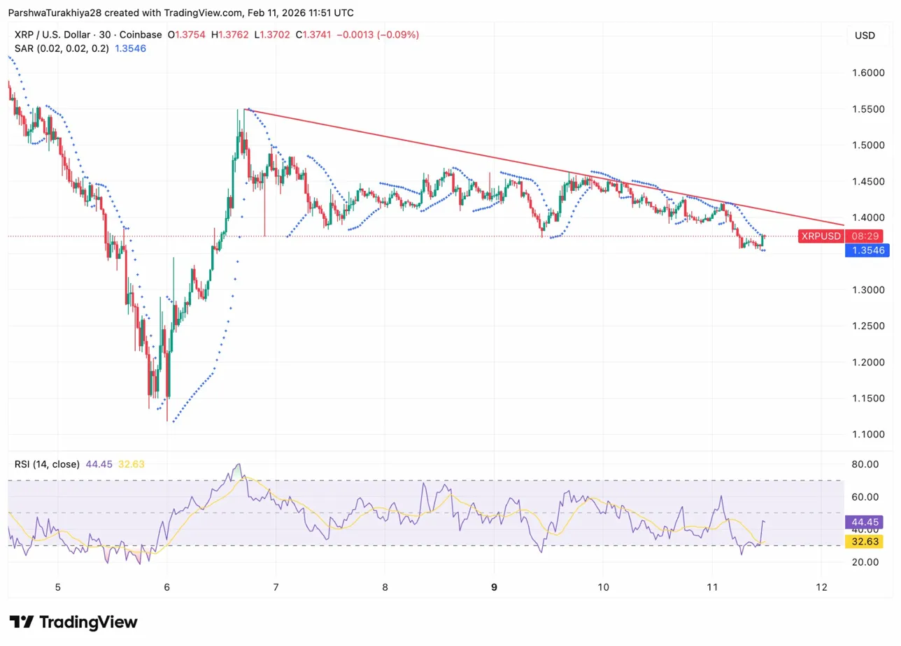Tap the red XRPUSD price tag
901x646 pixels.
point(821,236)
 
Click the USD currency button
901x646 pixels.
point(865,36)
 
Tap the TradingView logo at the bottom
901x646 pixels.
point(73,622)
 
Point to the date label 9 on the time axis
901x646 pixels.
point(494,587)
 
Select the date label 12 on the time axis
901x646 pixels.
point(821,587)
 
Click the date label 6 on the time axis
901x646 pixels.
point(166,587)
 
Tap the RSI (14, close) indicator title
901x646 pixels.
point(47,464)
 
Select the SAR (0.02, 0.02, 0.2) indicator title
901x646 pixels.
point(60,48)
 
